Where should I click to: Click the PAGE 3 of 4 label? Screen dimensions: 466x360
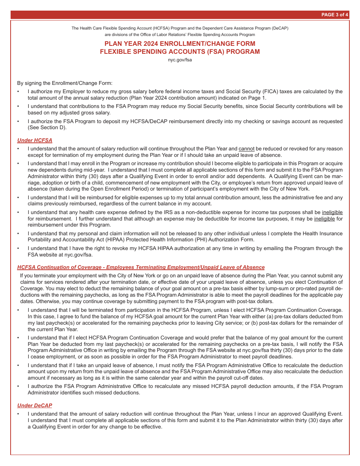coord(335,15)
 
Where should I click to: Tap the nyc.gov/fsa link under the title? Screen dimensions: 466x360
coord(180,60)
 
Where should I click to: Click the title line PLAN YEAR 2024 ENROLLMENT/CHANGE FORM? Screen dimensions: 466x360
coord(180,44)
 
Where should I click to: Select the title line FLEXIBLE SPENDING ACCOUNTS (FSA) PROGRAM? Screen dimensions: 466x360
coord(180,52)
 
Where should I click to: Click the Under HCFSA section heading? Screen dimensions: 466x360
coord(35,140)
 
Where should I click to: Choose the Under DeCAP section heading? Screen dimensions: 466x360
coord(35,405)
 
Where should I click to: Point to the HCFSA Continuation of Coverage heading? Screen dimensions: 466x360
coord(141,267)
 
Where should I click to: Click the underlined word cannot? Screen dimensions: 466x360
coord(246,149)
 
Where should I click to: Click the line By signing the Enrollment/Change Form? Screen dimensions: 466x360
coord(65,83)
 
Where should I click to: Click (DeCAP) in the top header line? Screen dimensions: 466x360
coord(279,28)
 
